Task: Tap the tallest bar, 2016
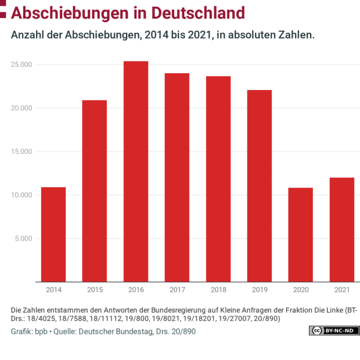tap(136, 171)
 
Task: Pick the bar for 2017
tap(177, 177)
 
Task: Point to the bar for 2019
tap(260, 186)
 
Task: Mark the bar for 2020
tap(301, 235)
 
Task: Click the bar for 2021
tap(342, 229)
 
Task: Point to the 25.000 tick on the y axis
tap(22, 64)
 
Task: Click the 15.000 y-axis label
tap(22, 152)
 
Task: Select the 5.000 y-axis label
tap(24, 238)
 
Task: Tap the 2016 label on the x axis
tap(136, 289)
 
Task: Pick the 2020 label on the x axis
tap(301, 289)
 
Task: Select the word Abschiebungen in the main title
tap(70, 13)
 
